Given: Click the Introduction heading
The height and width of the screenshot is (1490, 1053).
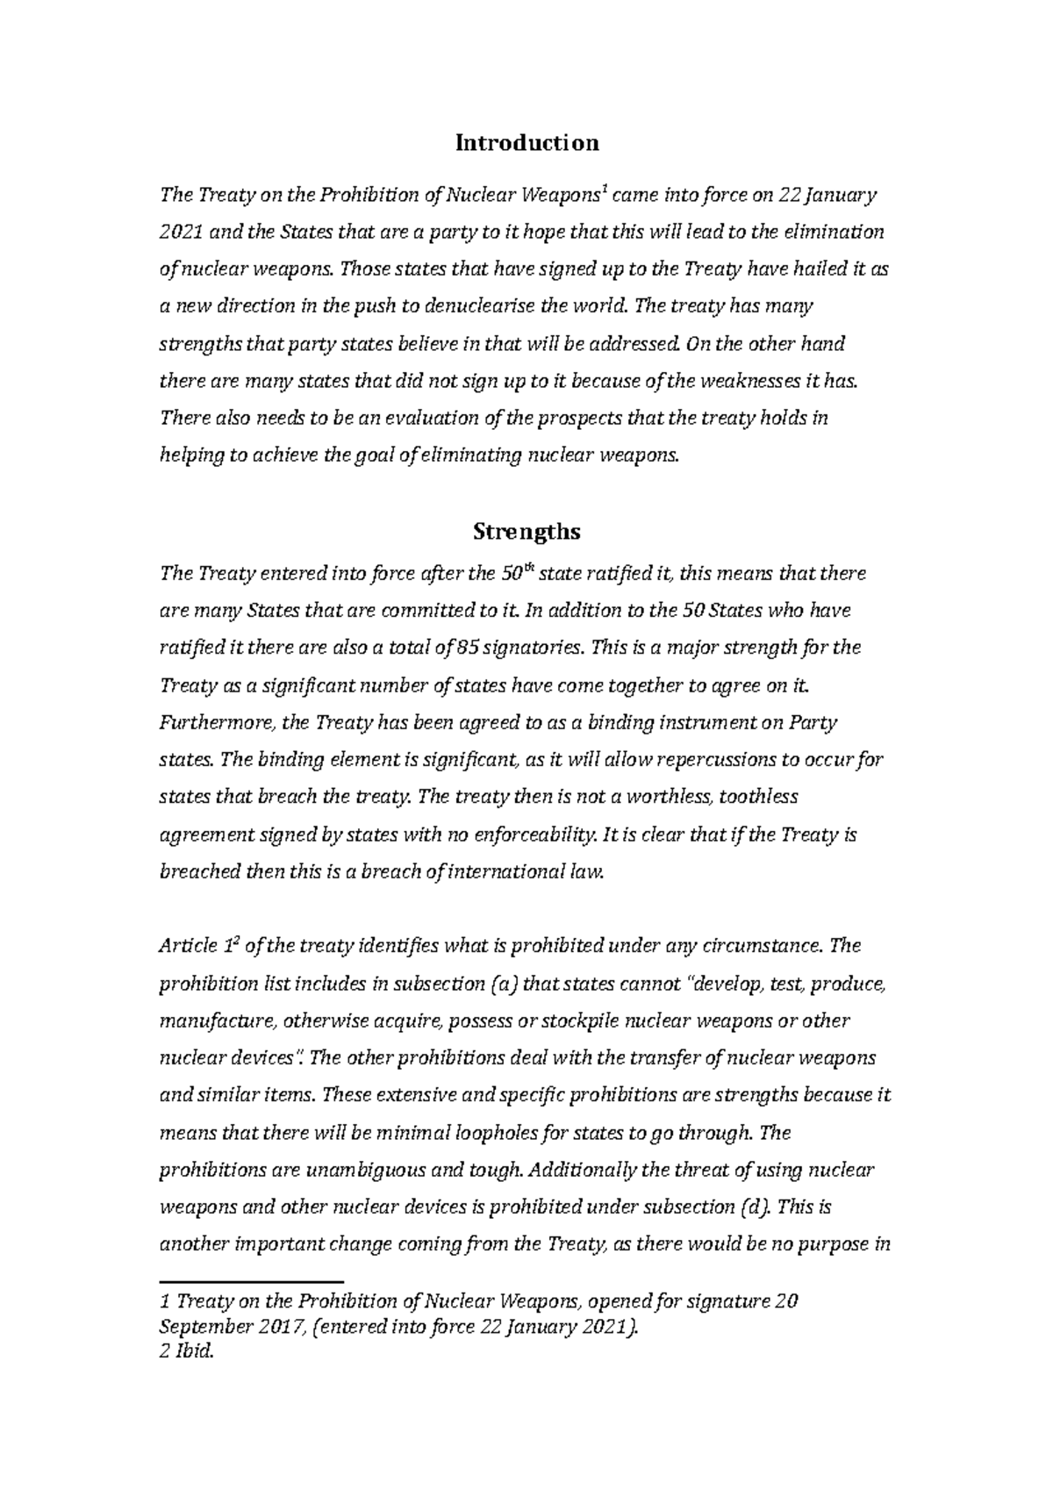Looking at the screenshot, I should (x=526, y=142).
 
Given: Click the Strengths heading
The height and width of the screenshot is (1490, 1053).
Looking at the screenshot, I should (x=526, y=532).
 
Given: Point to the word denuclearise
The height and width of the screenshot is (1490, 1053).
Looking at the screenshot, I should (x=478, y=307).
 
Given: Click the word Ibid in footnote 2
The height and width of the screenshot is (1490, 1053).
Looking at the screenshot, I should (x=193, y=1352).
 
